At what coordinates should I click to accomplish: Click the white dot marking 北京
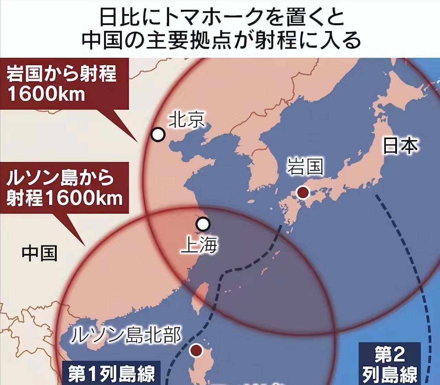[158, 134]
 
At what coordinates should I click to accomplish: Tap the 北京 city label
[187, 120]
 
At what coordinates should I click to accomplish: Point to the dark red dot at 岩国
[303, 192]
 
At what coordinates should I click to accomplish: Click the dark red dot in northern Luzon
[196, 350]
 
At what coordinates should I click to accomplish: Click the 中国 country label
[40, 253]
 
